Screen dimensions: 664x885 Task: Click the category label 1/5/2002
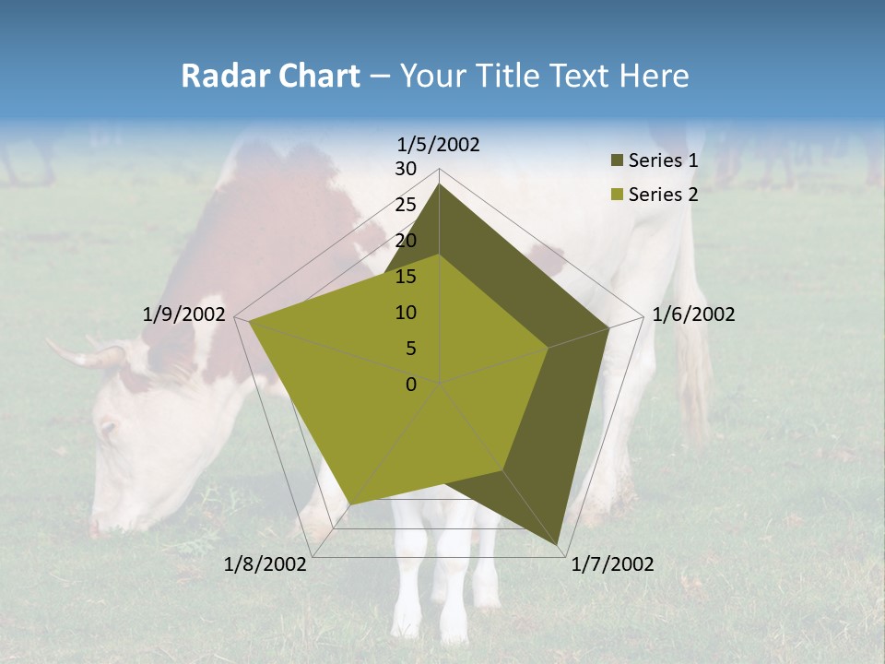coord(439,145)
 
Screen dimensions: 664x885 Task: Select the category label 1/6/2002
coord(693,314)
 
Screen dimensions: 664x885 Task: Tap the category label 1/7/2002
coord(612,564)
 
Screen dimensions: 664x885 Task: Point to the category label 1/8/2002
coord(265,564)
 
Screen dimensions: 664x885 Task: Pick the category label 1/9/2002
coord(183,314)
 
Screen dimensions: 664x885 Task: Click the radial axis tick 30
coord(406,169)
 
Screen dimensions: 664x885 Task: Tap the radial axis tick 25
coord(406,205)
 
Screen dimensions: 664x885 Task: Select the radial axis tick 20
coord(406,241)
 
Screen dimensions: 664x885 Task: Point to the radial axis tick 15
coord(406,277)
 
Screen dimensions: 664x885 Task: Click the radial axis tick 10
coord(406,313)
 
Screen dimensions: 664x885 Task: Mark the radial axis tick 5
coord(410,349)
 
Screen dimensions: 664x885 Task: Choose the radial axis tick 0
coord(411,385)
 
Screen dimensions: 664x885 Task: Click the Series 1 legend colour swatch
coord(616,161)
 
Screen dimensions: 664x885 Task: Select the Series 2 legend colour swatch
coord(616,195)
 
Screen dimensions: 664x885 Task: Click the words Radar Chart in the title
coord(270,76)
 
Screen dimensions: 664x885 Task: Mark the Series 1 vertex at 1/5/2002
coord(440,184)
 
